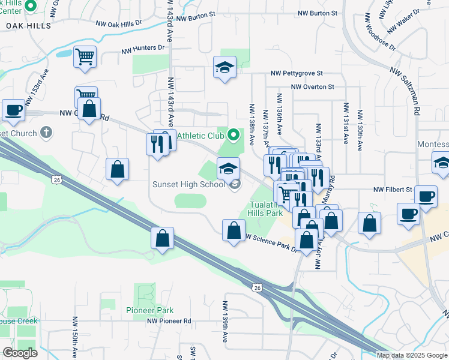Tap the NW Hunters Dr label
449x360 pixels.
click(x=142, y=47)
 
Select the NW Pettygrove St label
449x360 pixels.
click(x=297, y=73)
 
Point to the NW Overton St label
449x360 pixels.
click(x=312, y=87)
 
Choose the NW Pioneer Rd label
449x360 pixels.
click(x=169, y=321)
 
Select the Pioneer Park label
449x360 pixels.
click(x=149, y=310)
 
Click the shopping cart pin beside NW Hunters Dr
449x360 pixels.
click(x=85, y=56)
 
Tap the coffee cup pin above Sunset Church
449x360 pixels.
click(x=14, y=110)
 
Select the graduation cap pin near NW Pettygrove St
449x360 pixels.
click(x=224, y=67)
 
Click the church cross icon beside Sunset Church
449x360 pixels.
click(x=46, y=132)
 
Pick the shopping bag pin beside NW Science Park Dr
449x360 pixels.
click(x=234, y=230)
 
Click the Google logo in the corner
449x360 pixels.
click(x=20, y=353)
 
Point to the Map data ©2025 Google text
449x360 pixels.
click(x=412, y=355)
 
